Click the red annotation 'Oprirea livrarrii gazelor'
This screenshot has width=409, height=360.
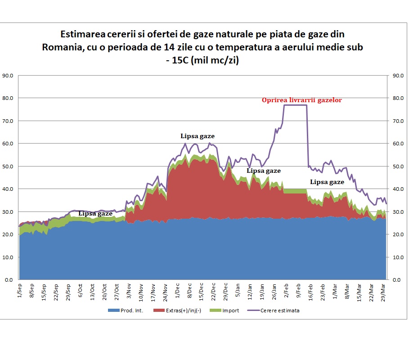[302, 100]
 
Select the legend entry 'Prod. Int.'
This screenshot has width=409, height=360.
[126, 310]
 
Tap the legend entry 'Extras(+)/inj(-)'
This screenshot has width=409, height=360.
[177, 310]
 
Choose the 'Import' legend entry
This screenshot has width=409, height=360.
[225, 310]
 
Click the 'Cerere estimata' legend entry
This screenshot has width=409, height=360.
[274, 310]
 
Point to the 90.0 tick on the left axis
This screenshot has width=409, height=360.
[8, 76]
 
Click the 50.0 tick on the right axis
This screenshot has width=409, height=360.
[398, 166]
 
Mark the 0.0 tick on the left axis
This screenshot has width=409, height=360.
[9, 280]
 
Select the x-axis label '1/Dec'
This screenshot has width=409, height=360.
[177, 290]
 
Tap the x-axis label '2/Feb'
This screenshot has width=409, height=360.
[287, 291]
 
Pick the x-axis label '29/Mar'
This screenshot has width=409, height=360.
[383, 292]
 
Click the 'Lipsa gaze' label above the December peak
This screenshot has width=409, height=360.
[198, 136]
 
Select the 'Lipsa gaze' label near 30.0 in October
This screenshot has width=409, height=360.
[95, 214]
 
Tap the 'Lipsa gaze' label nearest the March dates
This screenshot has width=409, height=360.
[327, 182]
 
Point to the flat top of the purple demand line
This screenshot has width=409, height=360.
[295, 105]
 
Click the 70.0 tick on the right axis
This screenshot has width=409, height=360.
[398, 121]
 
